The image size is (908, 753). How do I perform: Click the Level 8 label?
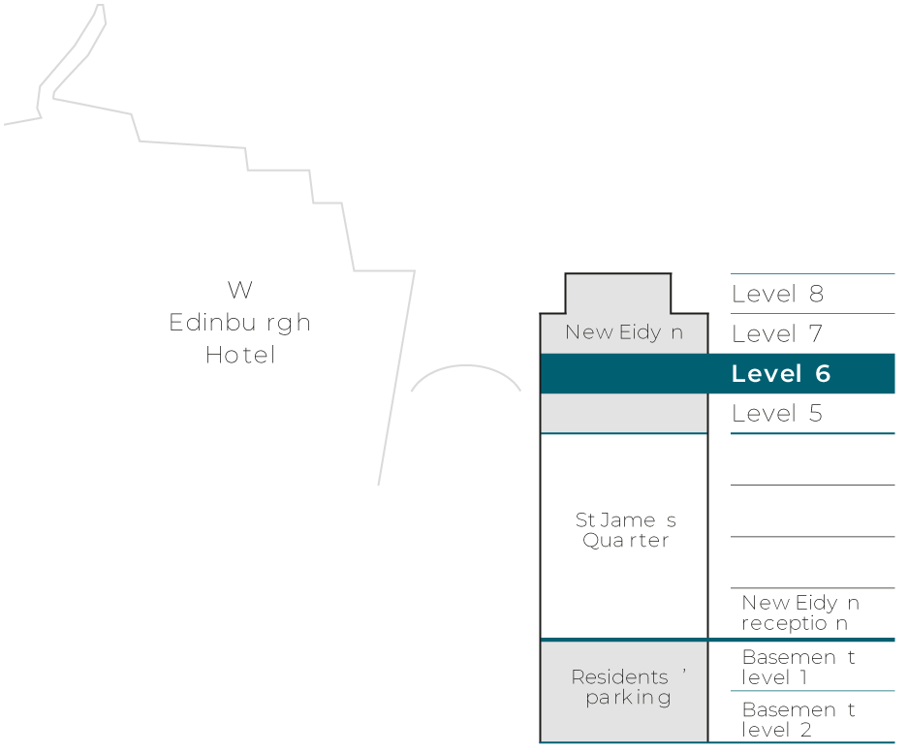pos(777,295)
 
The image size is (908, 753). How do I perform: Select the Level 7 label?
pos(777,334)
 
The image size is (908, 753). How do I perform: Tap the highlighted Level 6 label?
pos(780,374)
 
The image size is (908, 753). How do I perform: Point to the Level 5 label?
pos(777,414)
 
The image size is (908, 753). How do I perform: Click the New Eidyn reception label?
pos(799,613)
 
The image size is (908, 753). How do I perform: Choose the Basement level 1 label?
pos(798,667)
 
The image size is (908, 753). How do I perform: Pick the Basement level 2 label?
pos(798,719)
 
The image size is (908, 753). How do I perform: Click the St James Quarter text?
pos(625,530)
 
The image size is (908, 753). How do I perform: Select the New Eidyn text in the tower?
pos(623,332)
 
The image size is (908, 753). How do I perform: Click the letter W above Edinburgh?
pos(240,290)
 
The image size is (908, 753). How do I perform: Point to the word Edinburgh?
pos(239,323)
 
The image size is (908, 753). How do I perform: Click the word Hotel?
pos(240,356)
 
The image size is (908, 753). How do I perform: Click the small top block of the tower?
pos(617,294)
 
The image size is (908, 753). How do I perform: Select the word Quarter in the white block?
pos(625,541)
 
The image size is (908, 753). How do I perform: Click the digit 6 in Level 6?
pos(822,374)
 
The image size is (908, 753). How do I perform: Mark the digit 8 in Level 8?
pos(816,295)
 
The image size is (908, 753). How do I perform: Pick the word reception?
pos(795,624)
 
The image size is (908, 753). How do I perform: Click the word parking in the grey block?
pos(628,698)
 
